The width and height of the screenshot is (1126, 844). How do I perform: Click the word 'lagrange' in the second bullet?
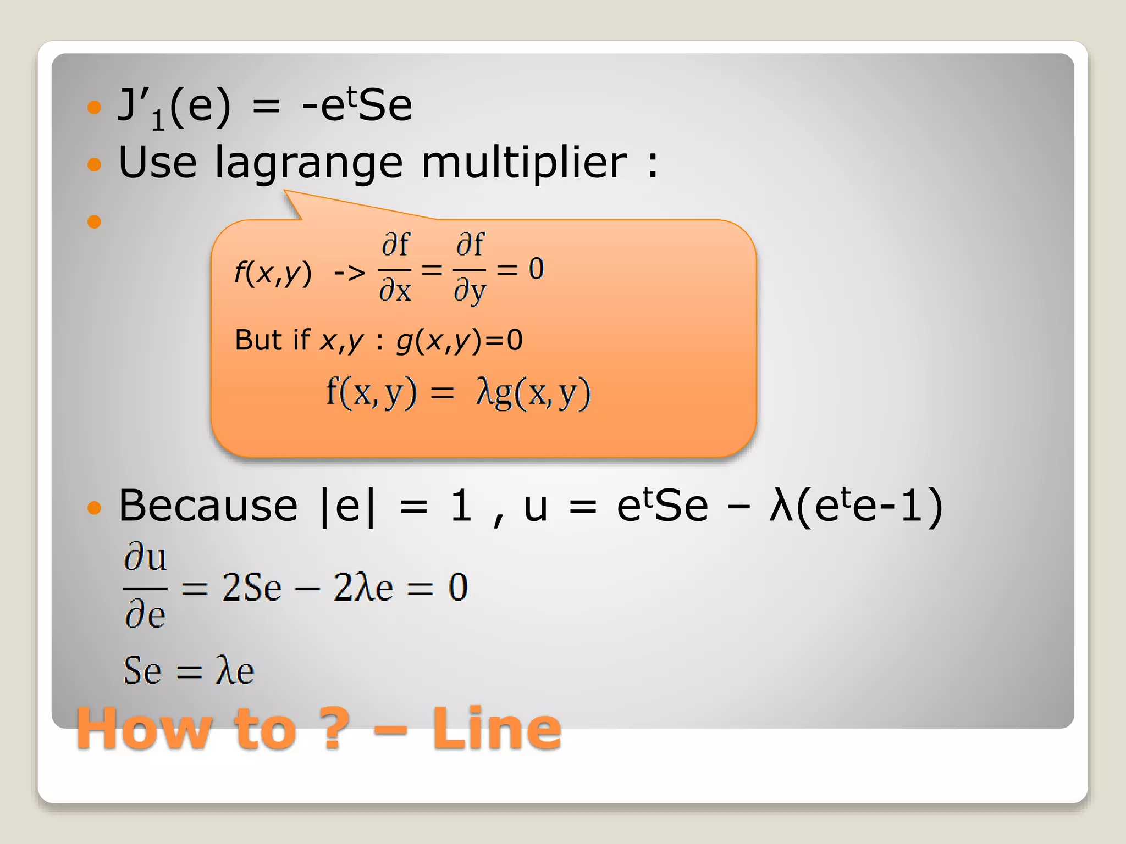308,164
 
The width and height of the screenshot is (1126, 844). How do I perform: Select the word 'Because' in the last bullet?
208,506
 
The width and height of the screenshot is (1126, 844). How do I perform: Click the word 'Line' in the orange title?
496,729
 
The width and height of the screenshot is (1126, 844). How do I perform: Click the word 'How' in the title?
143,730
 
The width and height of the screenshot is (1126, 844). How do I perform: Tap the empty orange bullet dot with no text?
95,221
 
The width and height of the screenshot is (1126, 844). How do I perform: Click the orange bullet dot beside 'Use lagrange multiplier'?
95,164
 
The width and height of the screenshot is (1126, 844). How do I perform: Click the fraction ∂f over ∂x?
395,268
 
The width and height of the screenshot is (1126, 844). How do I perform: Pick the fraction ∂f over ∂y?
470,268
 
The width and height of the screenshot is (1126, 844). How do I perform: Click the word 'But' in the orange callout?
257,340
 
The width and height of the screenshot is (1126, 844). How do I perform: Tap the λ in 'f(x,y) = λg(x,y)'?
484,393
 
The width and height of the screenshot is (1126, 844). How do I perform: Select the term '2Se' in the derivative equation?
251,587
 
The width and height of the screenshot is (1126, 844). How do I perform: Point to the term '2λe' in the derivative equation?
363,587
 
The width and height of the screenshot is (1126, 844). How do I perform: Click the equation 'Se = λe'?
189,671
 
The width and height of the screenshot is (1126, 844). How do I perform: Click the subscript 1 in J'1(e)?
158,121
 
